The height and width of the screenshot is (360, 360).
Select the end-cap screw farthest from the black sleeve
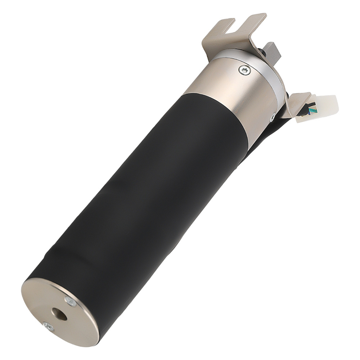[48, 327]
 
